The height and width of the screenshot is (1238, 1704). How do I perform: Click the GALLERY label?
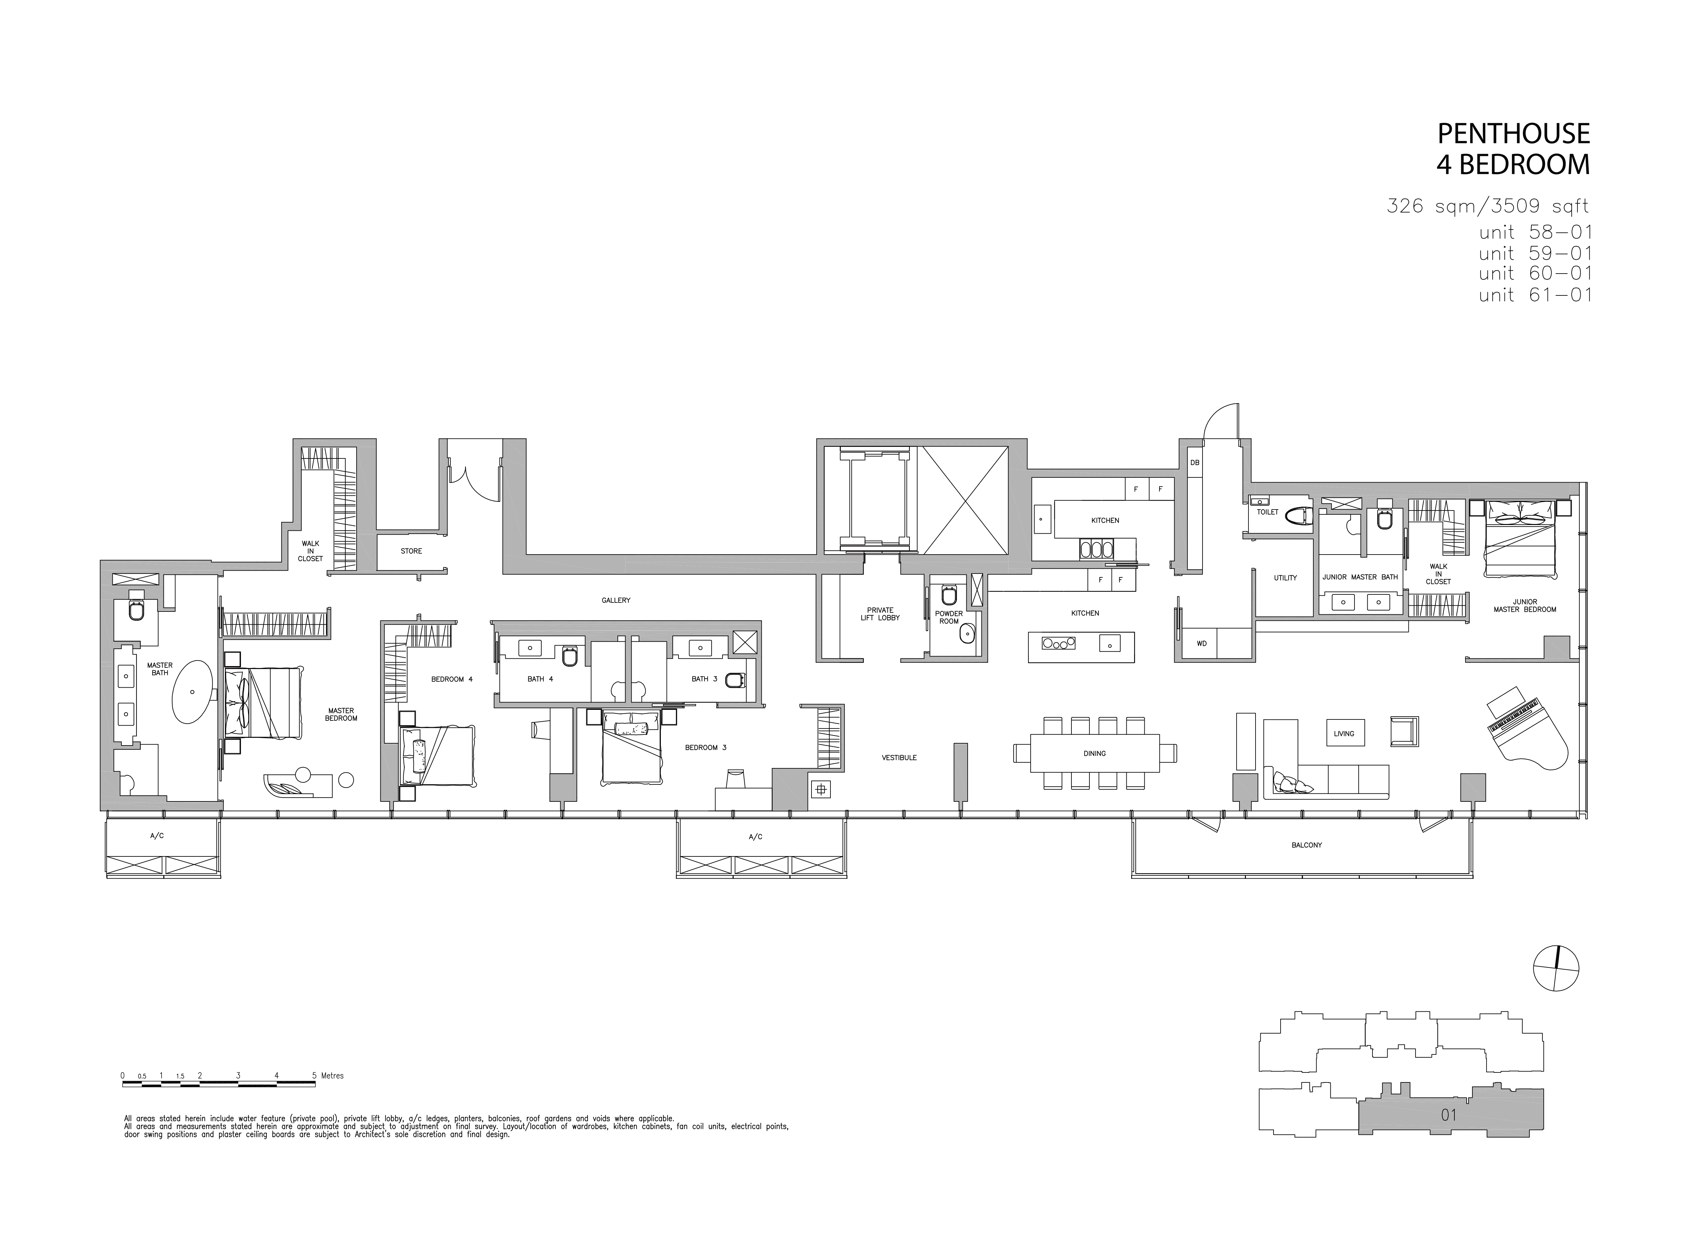tap(616, 601)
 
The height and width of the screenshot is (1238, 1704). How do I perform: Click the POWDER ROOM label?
tap(949, 617)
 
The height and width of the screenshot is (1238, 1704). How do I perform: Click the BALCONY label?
tap(1307, 845)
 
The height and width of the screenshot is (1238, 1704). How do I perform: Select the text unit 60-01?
tap(1536, 274)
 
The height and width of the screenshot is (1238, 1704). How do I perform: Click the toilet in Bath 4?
tap(570, 657)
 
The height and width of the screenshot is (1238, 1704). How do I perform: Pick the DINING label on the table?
tap(1095, 753)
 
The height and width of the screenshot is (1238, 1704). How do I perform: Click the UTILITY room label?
tap(1285, 578)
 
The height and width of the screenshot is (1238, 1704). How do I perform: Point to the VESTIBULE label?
tap(899, 758)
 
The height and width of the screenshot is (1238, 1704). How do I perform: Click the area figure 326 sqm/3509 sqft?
tap(1488, 205)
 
